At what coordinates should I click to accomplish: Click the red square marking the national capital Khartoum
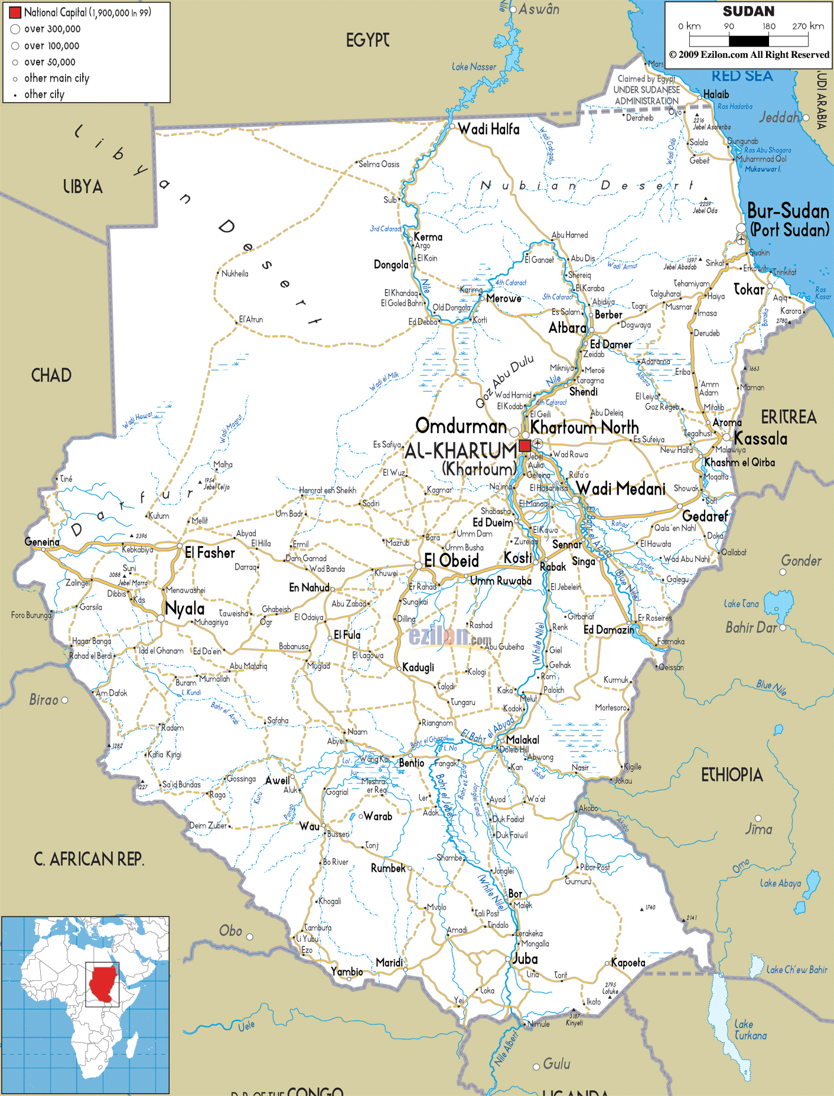point(524,446)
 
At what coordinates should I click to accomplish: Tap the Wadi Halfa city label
point(488,129)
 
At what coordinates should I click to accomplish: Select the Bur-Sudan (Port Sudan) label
point(788,220)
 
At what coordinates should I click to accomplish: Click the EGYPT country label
point(367,40)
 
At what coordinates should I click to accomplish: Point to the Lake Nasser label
point(474,67)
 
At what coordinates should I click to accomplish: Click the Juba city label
point(525,959)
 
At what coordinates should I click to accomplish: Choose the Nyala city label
point(185,608)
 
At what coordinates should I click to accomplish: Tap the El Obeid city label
point(451,561)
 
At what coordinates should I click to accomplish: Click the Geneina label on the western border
point(42,542)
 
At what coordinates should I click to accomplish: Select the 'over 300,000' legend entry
point(52,29)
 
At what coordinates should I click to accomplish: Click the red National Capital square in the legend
point(15,12)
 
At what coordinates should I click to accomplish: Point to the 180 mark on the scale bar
point(768,27)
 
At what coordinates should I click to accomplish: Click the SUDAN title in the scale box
point(748,11)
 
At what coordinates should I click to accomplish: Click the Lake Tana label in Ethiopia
point(741,604)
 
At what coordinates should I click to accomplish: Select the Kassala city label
point(760,439)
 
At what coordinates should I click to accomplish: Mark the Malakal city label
point(522,740)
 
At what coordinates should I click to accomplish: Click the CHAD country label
point(51,375)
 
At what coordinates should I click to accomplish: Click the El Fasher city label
point(210,553)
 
